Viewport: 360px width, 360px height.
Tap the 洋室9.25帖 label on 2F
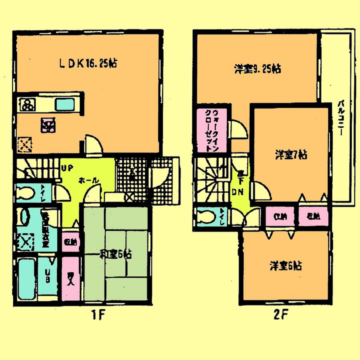[x=257, y=69]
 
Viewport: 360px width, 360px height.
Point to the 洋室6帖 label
[x=286, y=266]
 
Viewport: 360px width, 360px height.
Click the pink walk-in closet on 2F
[x=211, y=130]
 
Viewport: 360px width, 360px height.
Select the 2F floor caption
[x=280, y=314]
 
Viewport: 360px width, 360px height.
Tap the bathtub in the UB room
[x=26, y=278]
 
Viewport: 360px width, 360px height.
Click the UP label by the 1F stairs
[x=66, y=168]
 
